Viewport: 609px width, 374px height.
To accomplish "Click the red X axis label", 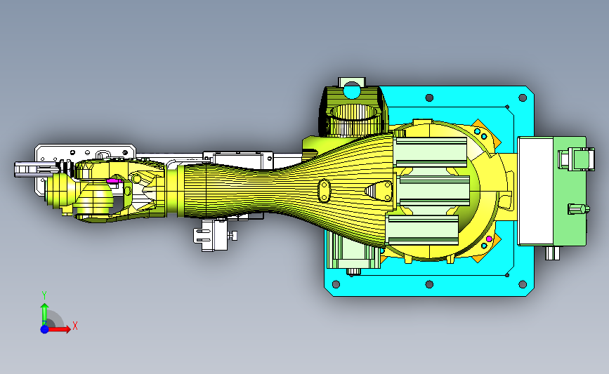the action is (75, 326).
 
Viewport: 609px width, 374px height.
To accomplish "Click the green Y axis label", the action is (44, 295).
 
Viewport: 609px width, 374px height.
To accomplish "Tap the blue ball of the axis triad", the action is (45, 329).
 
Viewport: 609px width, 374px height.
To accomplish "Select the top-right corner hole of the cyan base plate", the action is (523, 98).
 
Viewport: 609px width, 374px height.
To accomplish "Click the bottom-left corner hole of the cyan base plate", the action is (336, 284).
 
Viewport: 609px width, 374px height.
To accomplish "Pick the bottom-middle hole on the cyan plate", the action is (429, 284).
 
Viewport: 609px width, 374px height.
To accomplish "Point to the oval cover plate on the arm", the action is (324, 190).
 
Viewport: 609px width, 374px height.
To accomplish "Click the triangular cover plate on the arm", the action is (379, 191).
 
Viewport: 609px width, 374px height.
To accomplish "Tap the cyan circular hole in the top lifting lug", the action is (352, 91).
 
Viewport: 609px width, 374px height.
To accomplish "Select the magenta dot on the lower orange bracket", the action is (489, 239).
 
